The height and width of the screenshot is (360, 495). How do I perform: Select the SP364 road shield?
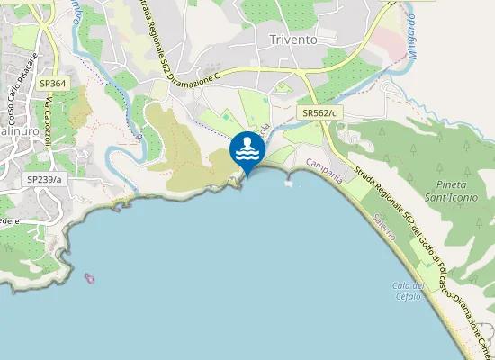pos(53,84)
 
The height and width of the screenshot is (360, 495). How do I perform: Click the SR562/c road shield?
pos(319,112)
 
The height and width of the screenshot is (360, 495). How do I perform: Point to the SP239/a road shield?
pos(44,180)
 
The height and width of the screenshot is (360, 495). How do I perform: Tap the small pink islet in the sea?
pos(89,277)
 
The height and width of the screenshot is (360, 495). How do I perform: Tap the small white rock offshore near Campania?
pos(288,184)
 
